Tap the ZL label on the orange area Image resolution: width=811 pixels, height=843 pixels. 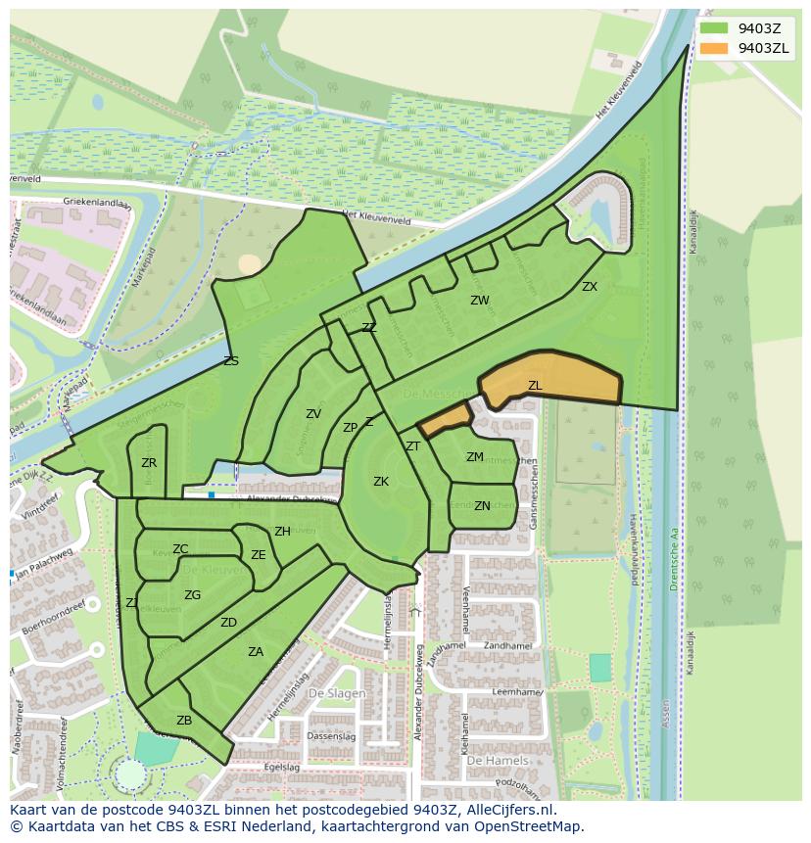[x=535, y=386]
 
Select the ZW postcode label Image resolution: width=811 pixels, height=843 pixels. [x=479, y=301]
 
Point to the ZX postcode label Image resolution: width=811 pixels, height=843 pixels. [x=590, y=287]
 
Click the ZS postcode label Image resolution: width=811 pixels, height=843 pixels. [x=231, y=361]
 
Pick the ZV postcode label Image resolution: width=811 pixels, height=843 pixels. [x=313, y=414]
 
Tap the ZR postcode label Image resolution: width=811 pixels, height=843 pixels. [x=149, y=463]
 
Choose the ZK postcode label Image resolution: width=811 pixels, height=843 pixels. [x=381, y=482]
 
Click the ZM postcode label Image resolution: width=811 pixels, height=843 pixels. [x=475, y=457]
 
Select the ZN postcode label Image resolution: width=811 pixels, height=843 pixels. [x=482, y=506]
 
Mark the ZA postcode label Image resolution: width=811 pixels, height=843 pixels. [x=256, y=652]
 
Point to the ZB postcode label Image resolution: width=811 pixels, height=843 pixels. [x=184, y=721]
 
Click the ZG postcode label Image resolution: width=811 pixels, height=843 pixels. [x=192, y=595]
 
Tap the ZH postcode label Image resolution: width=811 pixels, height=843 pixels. [x=282, y=532]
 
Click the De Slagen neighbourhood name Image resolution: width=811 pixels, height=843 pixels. [x=337, y=693]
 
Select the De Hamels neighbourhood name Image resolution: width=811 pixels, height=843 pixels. [x=497, y=761]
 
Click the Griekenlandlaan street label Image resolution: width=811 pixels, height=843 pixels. [x=70, y=201]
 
